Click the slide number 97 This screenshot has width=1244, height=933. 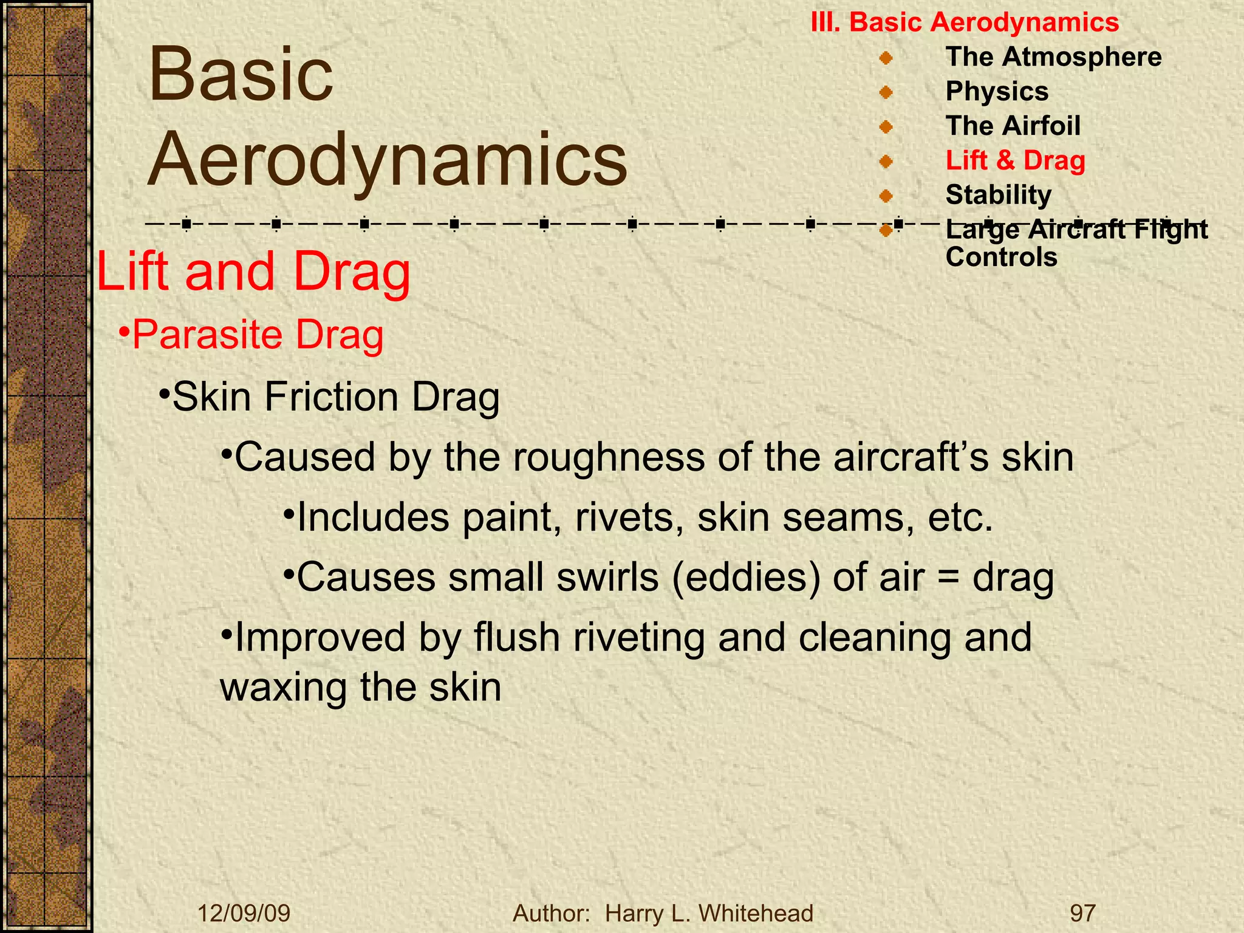tap(1082, 913)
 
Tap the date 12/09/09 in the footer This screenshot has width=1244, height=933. tap(244, 913)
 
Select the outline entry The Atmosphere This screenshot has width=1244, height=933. tap(1053, 56)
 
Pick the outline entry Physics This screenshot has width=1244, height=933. tap(997, 91)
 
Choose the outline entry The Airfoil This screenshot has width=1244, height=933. tap(1013, 126)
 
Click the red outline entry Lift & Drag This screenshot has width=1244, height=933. tap(1015, 160)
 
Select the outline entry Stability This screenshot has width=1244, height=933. tap(998, 195)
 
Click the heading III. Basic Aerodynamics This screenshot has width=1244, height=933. tap(965, 22)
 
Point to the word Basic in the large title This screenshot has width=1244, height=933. tap(241, 75)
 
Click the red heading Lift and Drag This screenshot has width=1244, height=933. tap(254, 272)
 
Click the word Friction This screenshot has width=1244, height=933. tap(331, 397)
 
